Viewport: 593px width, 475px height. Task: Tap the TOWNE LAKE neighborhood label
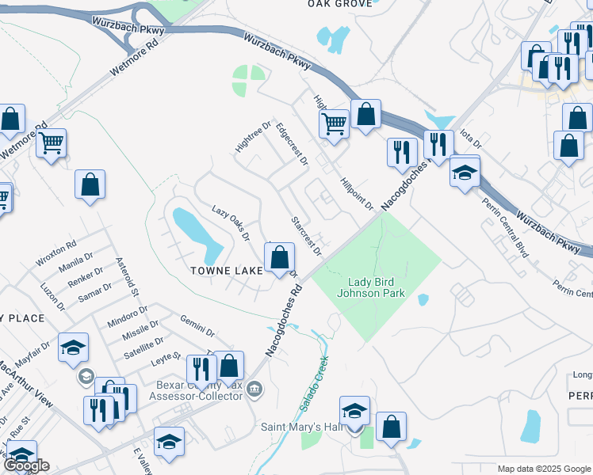(228, 271)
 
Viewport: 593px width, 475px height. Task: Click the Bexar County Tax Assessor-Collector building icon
(255, 388)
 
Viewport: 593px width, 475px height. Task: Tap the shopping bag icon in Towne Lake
(279, 258)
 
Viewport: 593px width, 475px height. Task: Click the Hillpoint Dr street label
(357, 194)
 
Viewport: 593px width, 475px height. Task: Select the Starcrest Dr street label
(305, 236)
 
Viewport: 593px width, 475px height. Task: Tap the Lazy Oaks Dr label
(231, 223)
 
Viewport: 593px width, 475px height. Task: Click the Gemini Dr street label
(198, 325)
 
